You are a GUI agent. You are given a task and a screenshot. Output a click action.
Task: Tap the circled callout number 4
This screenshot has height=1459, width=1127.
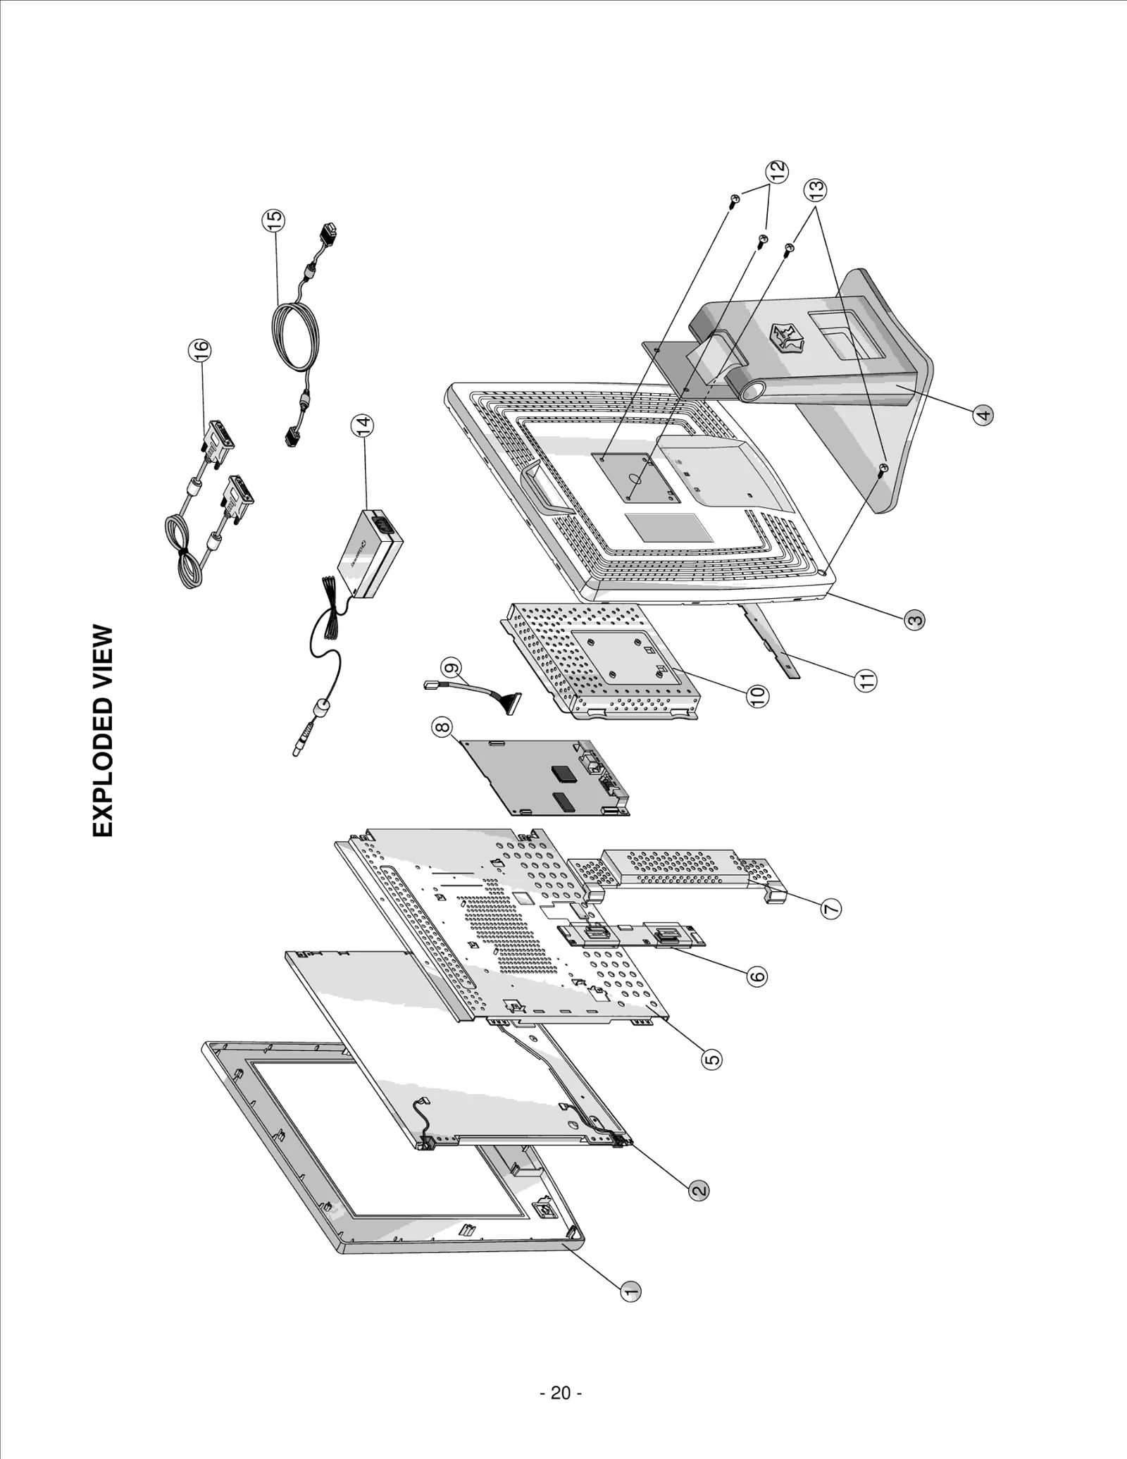(984, 414)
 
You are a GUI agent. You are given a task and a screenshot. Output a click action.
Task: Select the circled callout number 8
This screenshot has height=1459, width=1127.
(443, 728)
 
